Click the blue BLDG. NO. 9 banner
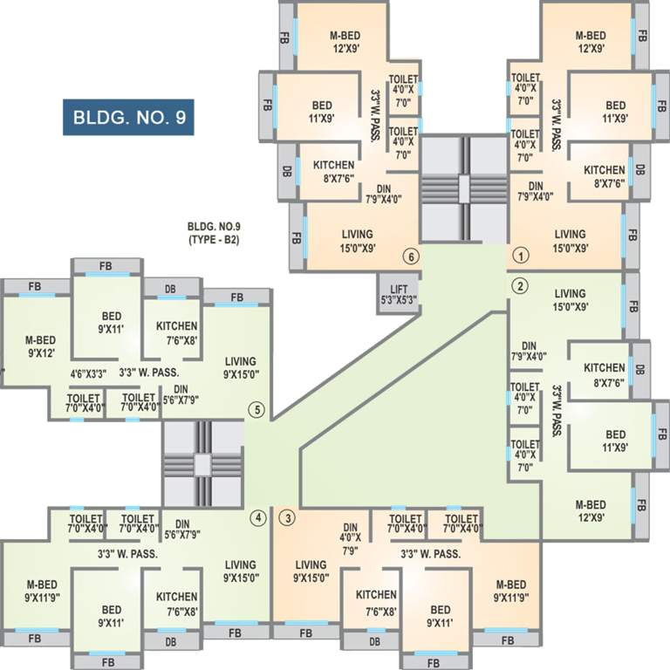point(127,115)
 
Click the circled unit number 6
point(409,256)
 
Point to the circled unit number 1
point(520,256)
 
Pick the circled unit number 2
point(520,285)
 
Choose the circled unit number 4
point(257,517)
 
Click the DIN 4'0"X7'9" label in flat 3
point(351,538)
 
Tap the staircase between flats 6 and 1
point(464,188)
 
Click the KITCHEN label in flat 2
point(605,373)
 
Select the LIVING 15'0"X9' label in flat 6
point(352,240)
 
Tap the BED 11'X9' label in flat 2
point(615,441)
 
